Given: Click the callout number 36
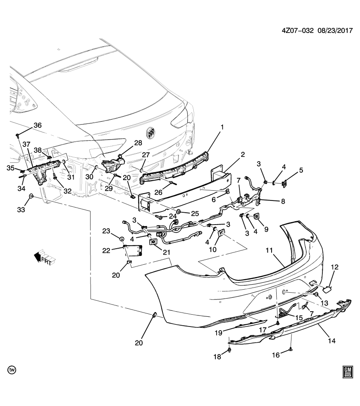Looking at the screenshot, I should click(x=38, y=125).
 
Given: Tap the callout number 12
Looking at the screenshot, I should click(x=335, y=267).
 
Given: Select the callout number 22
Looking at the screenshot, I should click(x=106, y=251).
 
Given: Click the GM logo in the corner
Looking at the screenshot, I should click(x=348, y=371).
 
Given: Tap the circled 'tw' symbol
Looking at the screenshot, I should click(x=12, y=370).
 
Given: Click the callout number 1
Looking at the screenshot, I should click(x=221, y=127).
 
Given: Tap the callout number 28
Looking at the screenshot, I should click(x=138, y=144).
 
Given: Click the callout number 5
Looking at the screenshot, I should click(x=301, y=170).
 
